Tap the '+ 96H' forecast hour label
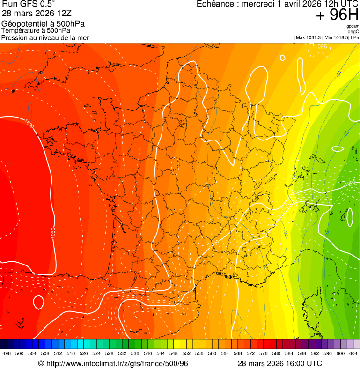pos(337,15)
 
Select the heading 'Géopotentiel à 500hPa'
pos(43,24)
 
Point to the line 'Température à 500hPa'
pos(36,31)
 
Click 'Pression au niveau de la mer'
pos(45,37)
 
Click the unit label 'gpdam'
pos(353,26)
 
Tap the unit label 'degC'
pos(353,31)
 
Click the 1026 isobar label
pos(321,46)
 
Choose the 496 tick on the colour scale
pos(7,354)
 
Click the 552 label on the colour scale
pos(186,354)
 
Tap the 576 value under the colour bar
pos(264,354)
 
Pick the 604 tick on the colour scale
pos(353,354)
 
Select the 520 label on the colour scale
pos(84,354)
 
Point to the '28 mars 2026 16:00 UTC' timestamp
pos(279,363)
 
